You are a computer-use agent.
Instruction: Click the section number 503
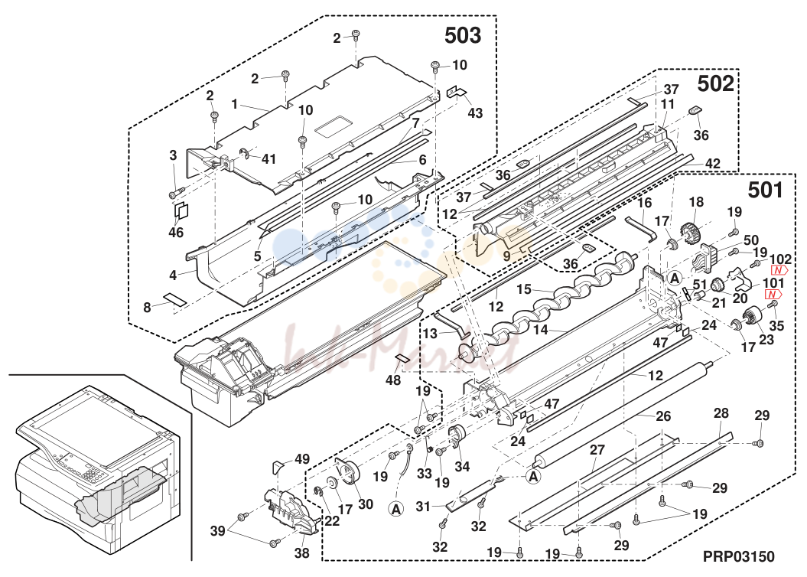(463, 35)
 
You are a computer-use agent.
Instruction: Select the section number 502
(715, 84)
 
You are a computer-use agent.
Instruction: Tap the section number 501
(766, 191)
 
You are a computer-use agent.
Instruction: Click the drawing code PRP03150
(739, 556)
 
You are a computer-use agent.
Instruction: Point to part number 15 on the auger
(524, 289)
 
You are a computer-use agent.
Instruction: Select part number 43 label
(475, 112)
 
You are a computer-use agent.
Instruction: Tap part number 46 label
(176, 233)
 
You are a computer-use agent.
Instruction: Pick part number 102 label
(781, 259)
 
